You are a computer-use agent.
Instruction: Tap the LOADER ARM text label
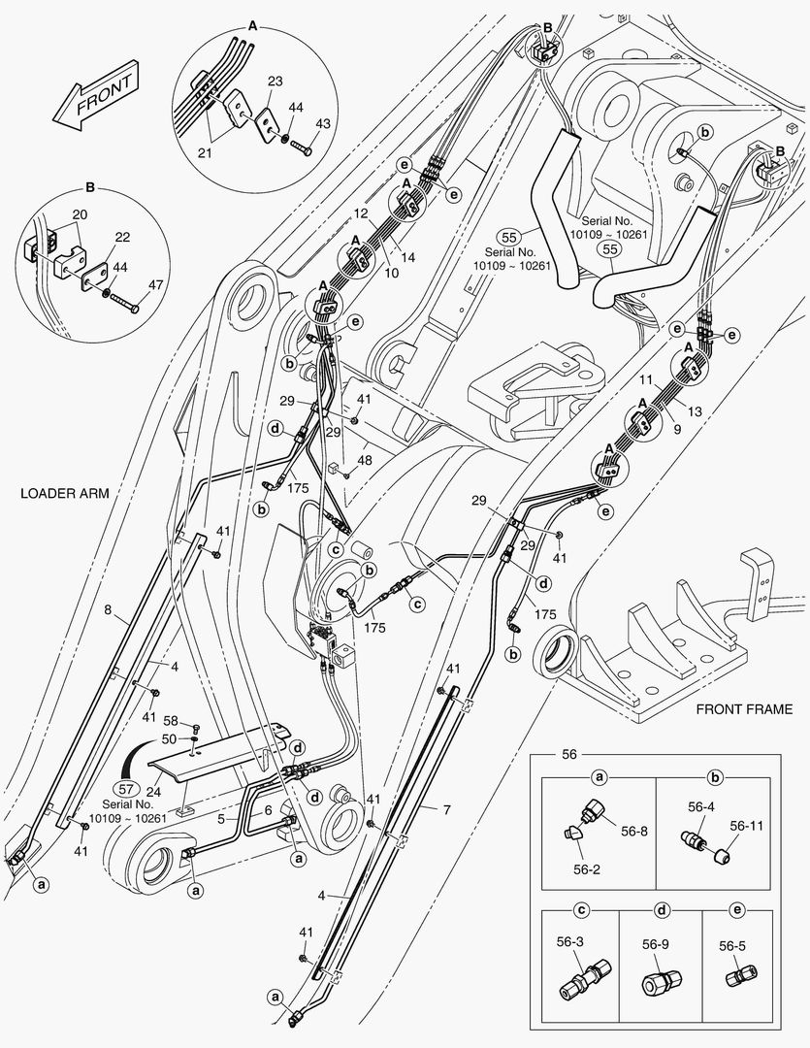pos(64,493)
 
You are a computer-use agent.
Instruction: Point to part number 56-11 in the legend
pos(747,826)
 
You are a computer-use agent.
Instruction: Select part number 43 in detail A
pos(323,124)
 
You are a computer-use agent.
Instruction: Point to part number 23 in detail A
pos(275,82)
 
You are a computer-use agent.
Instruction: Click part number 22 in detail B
pos(122,236)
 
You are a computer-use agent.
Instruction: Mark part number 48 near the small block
pos(364,460)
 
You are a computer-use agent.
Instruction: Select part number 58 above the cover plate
pos(171,722)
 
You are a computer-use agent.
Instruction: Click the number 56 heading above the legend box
pos(569,753)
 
